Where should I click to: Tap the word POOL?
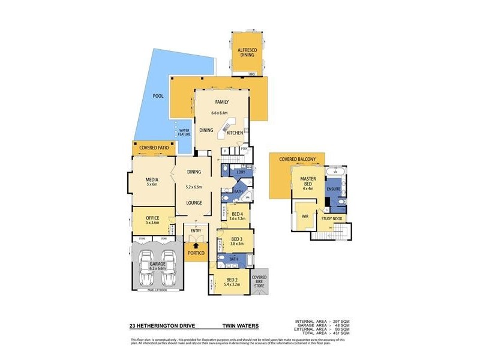[x=158, y=96]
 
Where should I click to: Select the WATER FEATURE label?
[x=184, y=131]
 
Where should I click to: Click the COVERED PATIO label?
[x=154, y=148]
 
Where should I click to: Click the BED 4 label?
[x=237, y=214]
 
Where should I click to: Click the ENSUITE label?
[x=334, y=189]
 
